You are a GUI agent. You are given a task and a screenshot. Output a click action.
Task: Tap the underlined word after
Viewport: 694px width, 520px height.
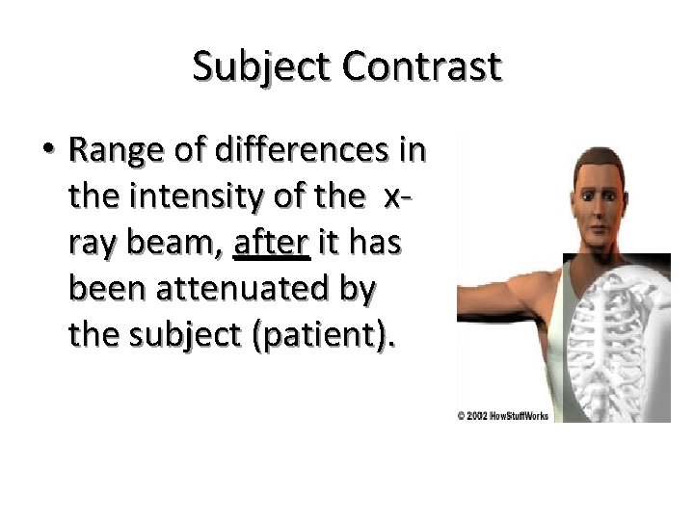click(271, 243)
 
